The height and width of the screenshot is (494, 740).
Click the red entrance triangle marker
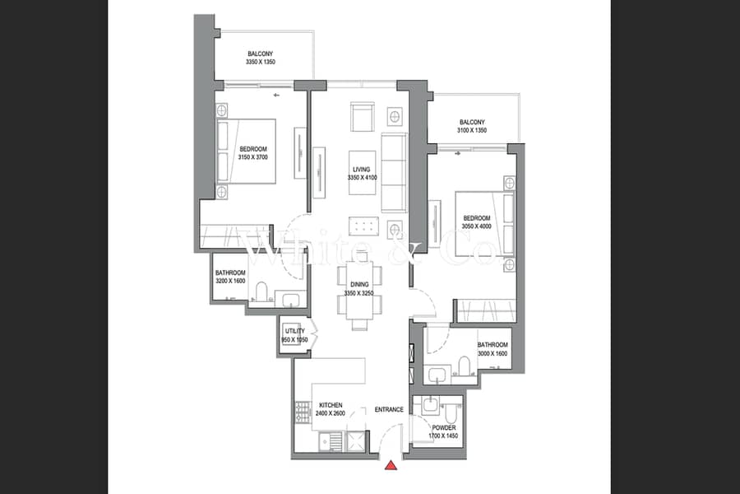pos(392,466)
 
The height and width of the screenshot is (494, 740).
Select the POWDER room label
pos(443,428)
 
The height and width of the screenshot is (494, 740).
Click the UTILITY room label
pos(294,331)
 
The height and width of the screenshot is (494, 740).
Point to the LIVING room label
pos(363,168)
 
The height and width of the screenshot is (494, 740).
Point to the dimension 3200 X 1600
pos(230,282)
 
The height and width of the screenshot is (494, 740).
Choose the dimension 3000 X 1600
pos(493,353)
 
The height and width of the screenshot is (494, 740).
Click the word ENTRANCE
pos(389,409)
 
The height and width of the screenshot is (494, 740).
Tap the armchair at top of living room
pos(363,116)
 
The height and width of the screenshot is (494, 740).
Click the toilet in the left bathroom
pos(262,292)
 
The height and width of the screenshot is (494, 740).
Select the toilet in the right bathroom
pos(464,365)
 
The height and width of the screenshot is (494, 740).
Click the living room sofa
pos(394,171)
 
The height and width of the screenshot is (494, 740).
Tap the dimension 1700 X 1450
pos(443,436)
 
